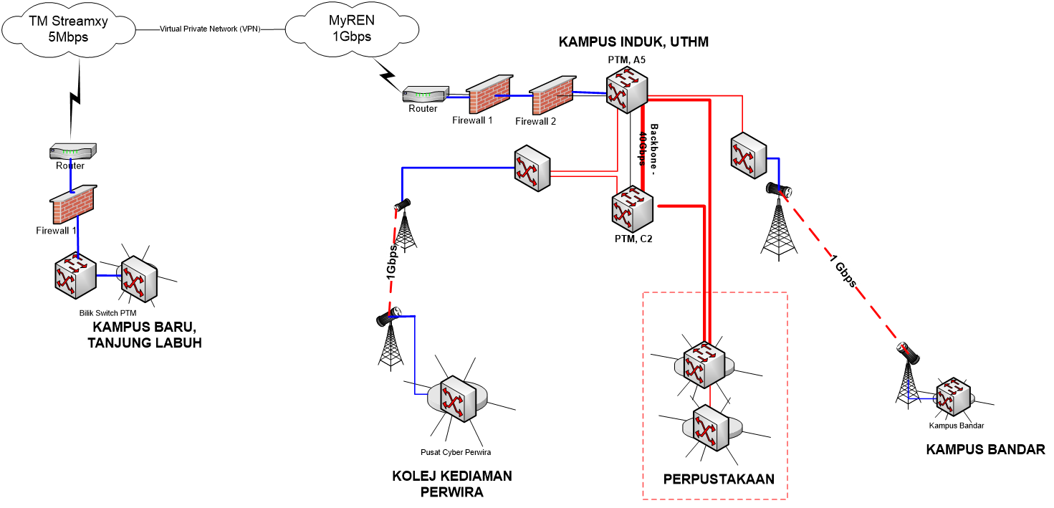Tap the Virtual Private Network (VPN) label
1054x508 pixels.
point(210,29)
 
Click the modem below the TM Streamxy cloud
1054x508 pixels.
point(72,151)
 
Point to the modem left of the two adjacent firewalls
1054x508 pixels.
point(426,94)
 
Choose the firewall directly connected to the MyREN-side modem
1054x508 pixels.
point(489,95)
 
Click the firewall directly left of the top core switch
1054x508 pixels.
point(552,95)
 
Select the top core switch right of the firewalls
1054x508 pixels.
point(627,90)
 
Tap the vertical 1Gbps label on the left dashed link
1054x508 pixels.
point(391,262)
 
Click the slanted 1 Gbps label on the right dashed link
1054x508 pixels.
point(844,272)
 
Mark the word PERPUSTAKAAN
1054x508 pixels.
point(719,479)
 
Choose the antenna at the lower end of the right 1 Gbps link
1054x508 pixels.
point(908,352)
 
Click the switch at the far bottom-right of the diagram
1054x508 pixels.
point(953,398)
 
